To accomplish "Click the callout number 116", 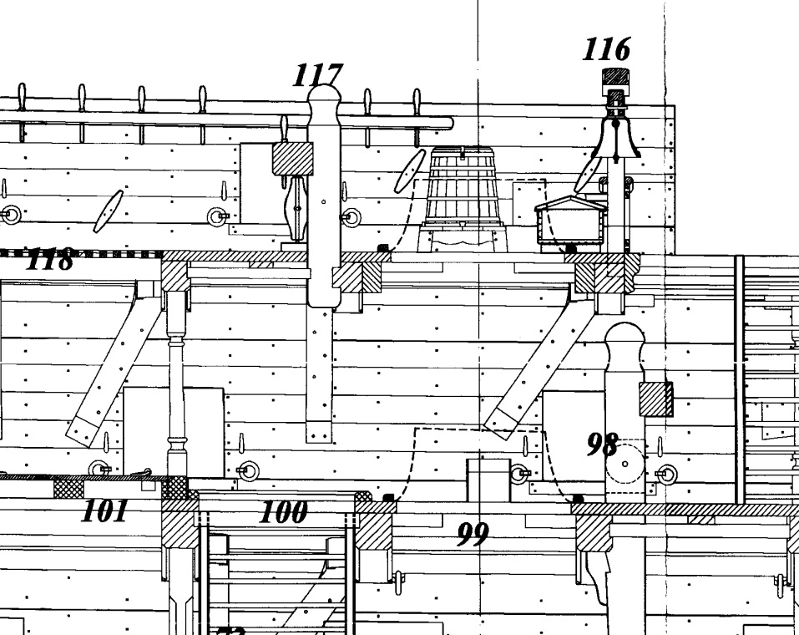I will click(607, 50).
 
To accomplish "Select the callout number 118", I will click(49, 260).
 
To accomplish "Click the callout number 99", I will click(472, 533).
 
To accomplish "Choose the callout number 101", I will click(104, 511).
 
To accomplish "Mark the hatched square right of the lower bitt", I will click(655, 399).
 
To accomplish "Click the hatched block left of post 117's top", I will click(293, 158).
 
